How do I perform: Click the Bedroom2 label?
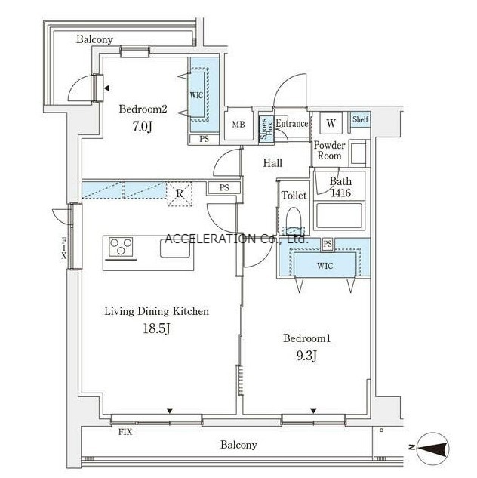pyautogui.click(x=143, y=109)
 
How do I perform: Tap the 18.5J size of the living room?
pyautogui.click(x=156, y=328)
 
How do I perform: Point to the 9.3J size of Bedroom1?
pyautogui.click(x=306, y=356)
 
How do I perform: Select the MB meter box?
pyautogui.click(x=238, y=124)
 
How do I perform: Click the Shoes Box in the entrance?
pyautogui.click(x=266, y=129)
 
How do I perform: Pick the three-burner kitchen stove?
pyautogui.click(x=121, y=247)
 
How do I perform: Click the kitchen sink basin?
pyautogui.click(x=175, y=248)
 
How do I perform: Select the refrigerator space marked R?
pyautogui.click(x=180, y=193)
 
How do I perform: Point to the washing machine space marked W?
pyautogui.click(x=331, y=123)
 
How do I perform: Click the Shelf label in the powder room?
pyautogui.click(x=360, y=119)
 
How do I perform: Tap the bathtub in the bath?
pyautogui.click(x=340, y=216)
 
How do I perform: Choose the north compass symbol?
pyautogui.click(x=433, y=448)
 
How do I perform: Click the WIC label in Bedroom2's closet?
pyautogui.click(x=196, y=95)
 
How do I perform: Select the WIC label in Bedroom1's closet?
pyautogui.click(x=325, y=266)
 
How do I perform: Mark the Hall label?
pyautogui.click(x=272, y=163)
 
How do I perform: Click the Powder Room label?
pyautogui.click(x=330, y=150)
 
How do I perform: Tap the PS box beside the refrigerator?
pyautogui.click(x=224, y=188)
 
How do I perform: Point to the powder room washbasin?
pyautogui.click(x=359, y=153)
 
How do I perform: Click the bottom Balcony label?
pyautogui.click(x=238, y=445)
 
